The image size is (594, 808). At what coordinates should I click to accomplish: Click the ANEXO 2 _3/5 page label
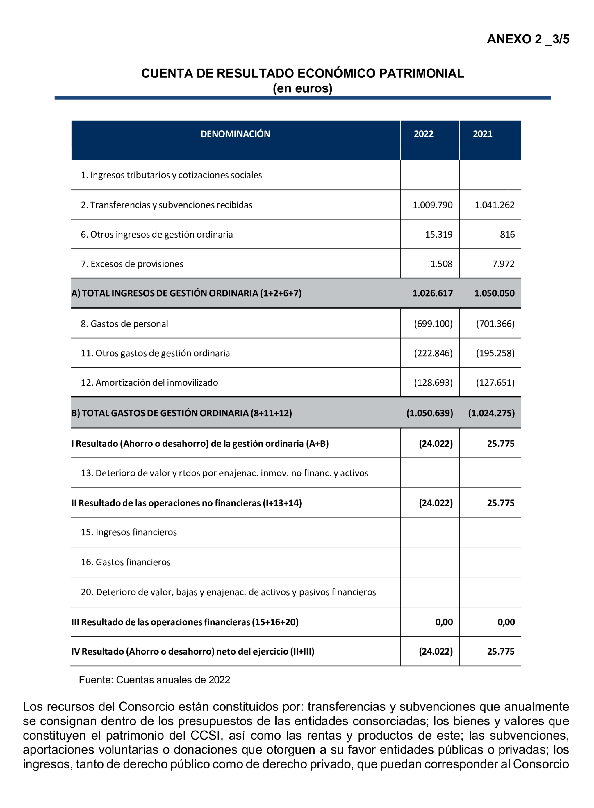point(527,39)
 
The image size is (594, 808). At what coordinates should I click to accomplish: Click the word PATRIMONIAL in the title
point(421,73)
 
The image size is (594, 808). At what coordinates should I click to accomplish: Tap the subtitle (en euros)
point(302,88)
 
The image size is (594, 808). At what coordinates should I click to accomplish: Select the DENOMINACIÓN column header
point(235,134)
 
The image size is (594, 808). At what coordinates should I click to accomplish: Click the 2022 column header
point(423,134)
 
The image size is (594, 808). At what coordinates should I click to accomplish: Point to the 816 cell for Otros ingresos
point(507,234)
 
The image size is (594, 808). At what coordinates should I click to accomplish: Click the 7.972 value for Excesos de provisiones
point(503,264)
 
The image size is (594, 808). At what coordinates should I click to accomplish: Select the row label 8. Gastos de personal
point(124,324)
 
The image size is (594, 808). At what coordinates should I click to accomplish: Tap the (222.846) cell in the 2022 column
point(433,353)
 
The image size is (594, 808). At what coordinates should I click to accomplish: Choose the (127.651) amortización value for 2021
point(495,382)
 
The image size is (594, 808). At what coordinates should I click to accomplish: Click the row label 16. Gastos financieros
point(126,562)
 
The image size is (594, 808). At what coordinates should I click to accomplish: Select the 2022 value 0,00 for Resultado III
point(444,622)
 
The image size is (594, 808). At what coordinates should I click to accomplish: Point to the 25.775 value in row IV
point(500,651)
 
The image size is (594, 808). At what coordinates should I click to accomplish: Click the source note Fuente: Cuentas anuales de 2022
point(154,680)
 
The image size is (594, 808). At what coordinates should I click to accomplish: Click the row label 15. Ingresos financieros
point(129,532)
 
